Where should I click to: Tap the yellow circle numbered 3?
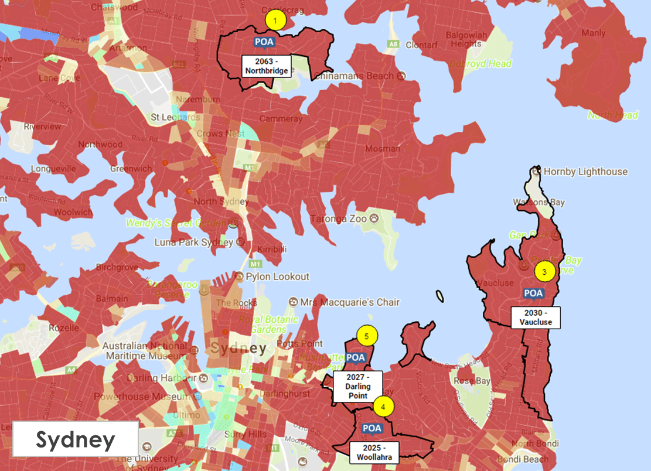(544, 272)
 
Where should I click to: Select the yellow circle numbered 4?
(383, 405)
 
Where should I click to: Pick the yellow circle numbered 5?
(367, 336)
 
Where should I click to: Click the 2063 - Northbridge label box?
(267, 66)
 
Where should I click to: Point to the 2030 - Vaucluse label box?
(536, 318)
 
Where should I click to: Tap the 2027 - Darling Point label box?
(357, 386)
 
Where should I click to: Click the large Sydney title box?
(76, 439)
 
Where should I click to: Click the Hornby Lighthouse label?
(585, 172)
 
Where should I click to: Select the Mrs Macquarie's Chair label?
(349, 302)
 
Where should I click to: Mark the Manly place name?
(594, 33)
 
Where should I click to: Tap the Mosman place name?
(383, 148)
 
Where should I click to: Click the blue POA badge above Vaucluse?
(533, 293)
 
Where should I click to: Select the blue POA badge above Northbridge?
(264, 42)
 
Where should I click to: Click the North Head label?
(613, 115)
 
